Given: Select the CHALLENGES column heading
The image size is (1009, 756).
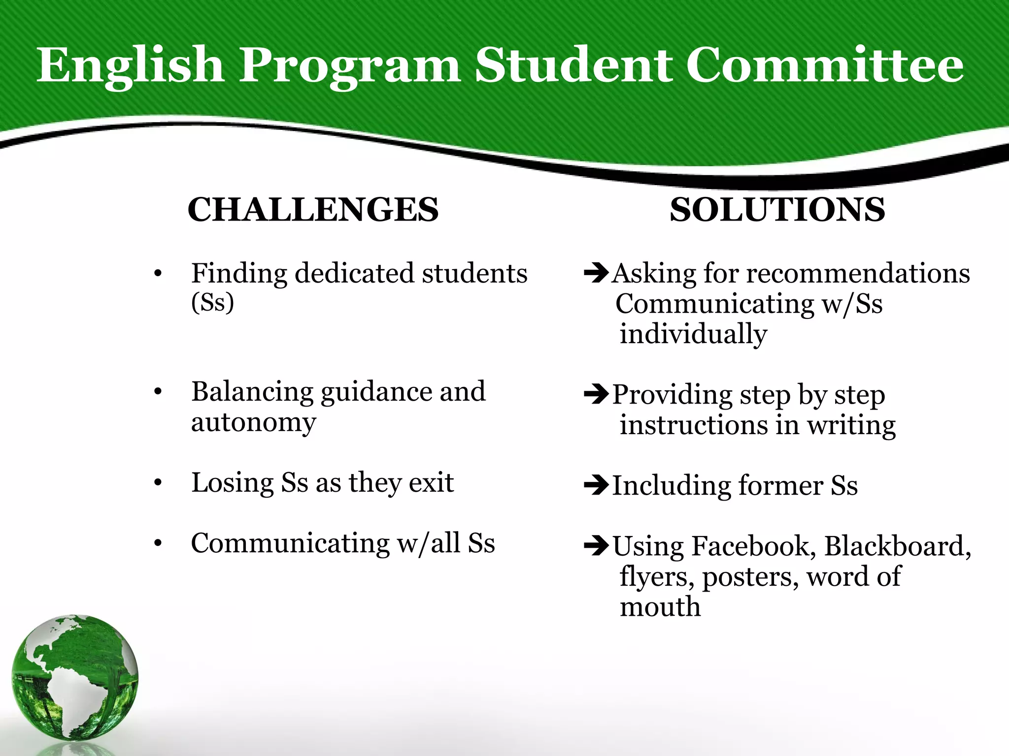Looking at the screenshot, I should click(x=313, y=210).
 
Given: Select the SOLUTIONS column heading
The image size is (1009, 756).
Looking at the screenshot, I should click(x=777, y=210).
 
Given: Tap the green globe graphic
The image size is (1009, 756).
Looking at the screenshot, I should click(x=75, y=678).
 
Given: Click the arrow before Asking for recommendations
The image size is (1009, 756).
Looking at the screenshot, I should click(x=596, y=272).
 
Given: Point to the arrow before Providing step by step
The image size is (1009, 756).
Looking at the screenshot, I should click(x=596, y=393).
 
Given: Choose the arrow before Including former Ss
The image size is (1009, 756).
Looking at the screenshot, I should click(x=596, y=485).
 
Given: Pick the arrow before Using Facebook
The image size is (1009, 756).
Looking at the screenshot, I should click(x=596, y=545).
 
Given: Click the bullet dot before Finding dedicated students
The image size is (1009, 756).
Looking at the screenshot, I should click(x=158, y=274).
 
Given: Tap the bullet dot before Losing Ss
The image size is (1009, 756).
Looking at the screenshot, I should click(x=158, y=483).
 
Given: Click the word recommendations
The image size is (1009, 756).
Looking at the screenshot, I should click(x=858, y=273).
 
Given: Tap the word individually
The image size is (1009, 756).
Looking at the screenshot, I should click(x=693, y=334).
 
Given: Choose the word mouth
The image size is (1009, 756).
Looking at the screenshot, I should click(x=660, y=607).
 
